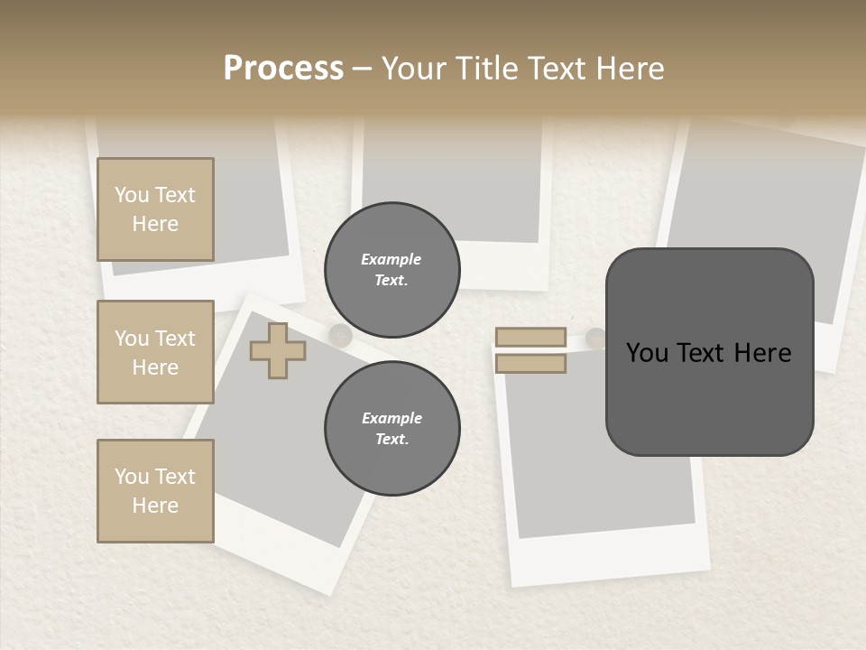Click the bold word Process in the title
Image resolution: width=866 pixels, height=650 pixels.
283,69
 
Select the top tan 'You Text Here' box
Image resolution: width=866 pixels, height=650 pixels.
155,209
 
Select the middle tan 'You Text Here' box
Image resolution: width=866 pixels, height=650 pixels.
155,352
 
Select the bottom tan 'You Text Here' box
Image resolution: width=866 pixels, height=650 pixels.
155,491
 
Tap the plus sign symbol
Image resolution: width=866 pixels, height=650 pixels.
277,350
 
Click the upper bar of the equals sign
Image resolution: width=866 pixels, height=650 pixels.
530,338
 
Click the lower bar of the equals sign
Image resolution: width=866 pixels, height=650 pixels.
530,363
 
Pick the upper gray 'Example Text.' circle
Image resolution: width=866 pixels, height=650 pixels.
392,270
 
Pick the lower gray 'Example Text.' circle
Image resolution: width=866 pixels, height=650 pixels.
392,429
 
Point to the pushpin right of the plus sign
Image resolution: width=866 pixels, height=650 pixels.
340,335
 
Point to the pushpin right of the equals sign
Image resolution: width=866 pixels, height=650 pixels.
595,338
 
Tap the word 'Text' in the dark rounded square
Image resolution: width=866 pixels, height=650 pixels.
714,353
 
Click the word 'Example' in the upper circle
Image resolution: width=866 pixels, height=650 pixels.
391,260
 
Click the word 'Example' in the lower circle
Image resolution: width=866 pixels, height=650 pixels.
392,419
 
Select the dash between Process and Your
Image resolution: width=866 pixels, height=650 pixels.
362,69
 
